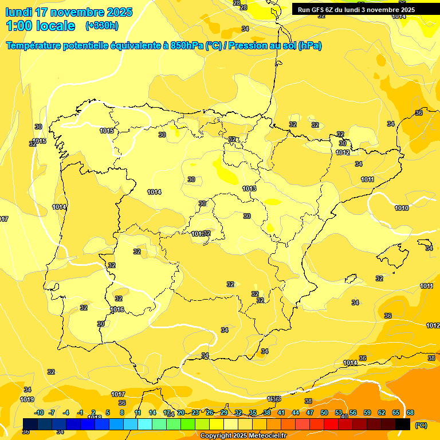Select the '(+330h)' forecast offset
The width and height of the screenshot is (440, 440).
(x=101, y=26)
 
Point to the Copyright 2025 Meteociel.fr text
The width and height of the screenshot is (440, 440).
(x=243, y=436)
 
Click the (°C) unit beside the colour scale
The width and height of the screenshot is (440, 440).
(x=421, y=425)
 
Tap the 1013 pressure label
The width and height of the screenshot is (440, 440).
(x=249, y=188)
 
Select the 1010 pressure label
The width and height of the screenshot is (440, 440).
(x=402, y=208)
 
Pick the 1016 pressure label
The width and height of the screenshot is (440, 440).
(x=117, y=309)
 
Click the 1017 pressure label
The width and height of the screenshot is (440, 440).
(x=118, y=394)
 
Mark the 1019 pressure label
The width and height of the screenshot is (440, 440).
(x=27, y=399)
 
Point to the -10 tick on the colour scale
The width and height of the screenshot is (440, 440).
(x=39, y=412)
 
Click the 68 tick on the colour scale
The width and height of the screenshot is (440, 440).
(x=410, y=412)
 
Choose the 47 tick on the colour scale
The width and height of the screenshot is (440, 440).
(x=310, y=412)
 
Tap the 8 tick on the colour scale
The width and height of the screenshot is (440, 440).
(x=122, y=412)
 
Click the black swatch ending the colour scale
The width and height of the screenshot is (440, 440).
(x=403, y=424)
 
